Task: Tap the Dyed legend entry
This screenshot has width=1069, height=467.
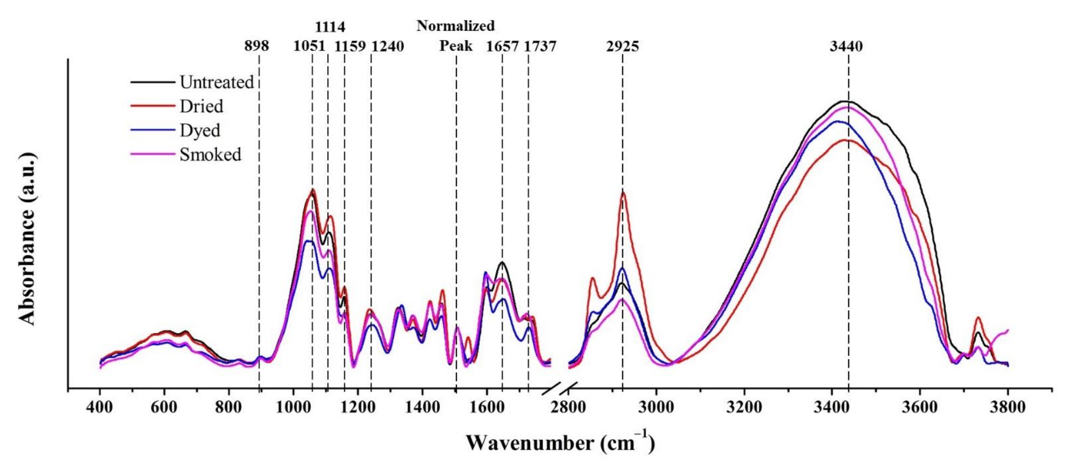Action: pyautogui.click(x=200, y=130)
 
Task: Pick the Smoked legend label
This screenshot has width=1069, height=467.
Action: pyautogui.click(x=210, y=154)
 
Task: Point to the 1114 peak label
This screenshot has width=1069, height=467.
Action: pyautogui.click(x=330, y=27)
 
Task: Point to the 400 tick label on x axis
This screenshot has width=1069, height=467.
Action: pyautogui.click(x=100, y=407)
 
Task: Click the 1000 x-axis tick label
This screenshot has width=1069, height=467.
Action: pyautogui.click(x=293, y=407)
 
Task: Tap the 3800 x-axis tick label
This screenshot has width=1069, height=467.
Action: pyautogui.click(x=1007, y=407)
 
